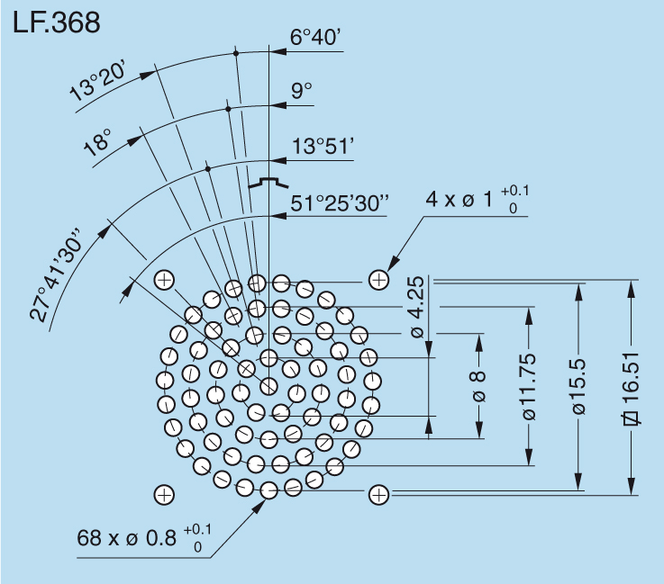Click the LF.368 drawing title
(56, 22)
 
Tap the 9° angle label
(301, 91)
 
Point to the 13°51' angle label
(321, 147)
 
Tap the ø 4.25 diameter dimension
(415, 307)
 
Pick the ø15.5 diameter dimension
(578, 386)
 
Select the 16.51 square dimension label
(631, 386)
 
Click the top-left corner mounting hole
(164, 280)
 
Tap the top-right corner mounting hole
(378, 280)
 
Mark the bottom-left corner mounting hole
(164, 494)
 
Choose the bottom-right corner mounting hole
(378, 494)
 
